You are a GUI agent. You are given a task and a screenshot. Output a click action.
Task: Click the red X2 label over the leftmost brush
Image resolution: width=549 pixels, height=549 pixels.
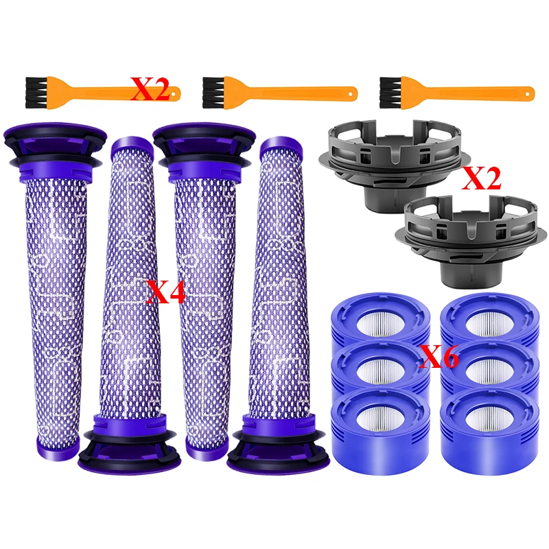[150, 90]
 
